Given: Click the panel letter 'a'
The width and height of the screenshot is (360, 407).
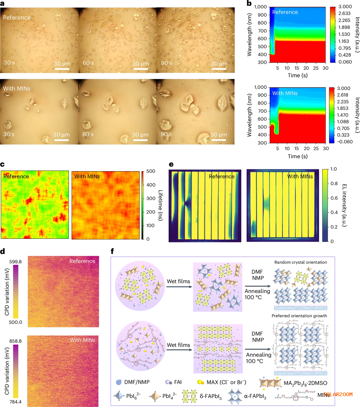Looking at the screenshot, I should point(3,3).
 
